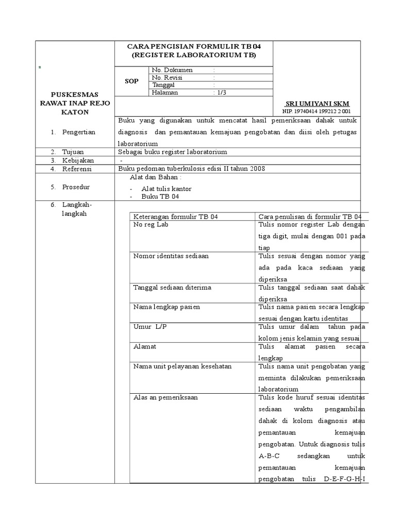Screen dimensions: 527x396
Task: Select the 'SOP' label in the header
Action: [x=132, y=81]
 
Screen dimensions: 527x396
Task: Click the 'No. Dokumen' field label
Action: [x=172, y=70]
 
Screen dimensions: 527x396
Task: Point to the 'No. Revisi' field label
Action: [x=168, y=78]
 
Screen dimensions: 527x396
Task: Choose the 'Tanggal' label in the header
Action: [x=163, y=85]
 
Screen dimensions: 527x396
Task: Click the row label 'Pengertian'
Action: [x=79, y=132]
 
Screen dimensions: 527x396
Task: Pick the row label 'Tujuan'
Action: [x=73, y=152]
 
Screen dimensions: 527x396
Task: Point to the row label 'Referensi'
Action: [x=77, y=169]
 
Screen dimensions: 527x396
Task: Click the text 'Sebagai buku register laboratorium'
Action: [x=173, y=152]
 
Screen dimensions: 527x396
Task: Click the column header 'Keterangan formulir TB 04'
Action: [x=176, y=217]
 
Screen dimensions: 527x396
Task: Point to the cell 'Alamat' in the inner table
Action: [x=145, y=346]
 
